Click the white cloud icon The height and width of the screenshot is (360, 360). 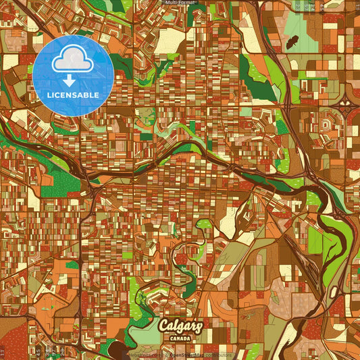click(72, 59)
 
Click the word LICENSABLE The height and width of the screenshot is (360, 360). click(72, 95)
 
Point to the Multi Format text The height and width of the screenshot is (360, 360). click(180, 3)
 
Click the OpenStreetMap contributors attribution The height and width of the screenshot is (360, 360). click(200, 355)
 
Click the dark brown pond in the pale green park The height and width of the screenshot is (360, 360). click(293, 43)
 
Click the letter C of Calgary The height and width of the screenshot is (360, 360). click(163, 326)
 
